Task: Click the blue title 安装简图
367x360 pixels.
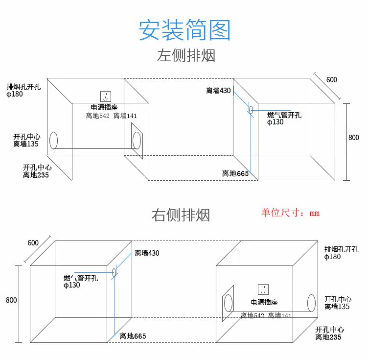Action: coord(184,30)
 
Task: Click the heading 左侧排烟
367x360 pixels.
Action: coord(186,56)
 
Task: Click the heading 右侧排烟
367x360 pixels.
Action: coord(181,215)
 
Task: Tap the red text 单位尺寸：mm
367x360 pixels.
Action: coord(290,213)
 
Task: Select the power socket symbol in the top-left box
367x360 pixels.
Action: coord(106,96)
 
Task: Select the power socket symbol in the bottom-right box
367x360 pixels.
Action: coord(263,289)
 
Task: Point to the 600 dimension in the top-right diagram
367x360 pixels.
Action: coord(332,80)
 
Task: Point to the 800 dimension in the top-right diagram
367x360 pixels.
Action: coord(353,138)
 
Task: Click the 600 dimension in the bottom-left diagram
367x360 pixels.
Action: coord(33,243)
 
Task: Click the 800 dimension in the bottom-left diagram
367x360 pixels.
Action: coord(11,300)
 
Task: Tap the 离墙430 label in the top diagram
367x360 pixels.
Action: coord(218,91)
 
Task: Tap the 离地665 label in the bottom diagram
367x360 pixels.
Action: coord(133,336)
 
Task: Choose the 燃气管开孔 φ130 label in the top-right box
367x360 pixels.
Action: coord(284,119)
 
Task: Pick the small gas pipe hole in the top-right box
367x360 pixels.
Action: coord(251,110)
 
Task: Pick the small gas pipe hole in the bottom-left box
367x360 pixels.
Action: coord(114,272)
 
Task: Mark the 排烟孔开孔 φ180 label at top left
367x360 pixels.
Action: coord(23,91)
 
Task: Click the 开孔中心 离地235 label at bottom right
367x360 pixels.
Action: coord(329,333)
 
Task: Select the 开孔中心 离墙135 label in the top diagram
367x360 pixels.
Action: coord(26,140)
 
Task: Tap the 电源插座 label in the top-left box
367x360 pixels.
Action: coord(104,107)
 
